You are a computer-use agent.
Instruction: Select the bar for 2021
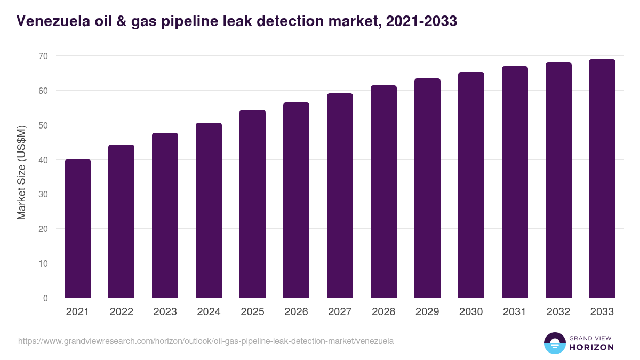coord(77,229)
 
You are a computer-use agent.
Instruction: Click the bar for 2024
coord(209,210)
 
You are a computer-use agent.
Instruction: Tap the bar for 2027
coord(340,196)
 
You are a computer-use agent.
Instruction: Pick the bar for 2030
coord(471,185)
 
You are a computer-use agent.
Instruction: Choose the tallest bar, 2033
coord(602,179)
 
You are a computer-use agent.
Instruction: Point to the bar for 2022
coord(121,221)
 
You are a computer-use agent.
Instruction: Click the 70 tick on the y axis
coord(43,56)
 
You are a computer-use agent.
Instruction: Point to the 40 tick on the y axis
coord(43,160)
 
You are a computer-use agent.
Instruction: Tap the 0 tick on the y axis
coord(45,298)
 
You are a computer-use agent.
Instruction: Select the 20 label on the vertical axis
coord(43,229)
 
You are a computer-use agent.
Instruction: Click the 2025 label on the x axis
coord(252,312)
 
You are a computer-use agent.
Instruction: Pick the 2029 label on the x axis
coord(427,312)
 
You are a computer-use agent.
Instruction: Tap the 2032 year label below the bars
coord(558,312)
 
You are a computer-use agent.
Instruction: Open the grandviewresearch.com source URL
coord(206,341)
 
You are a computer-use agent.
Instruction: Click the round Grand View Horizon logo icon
coord(554,343)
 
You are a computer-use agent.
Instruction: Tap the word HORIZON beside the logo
coord(592,347)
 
